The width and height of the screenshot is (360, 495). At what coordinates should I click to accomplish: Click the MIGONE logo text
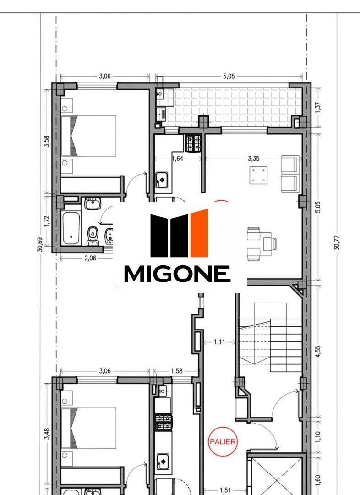pos(177,273)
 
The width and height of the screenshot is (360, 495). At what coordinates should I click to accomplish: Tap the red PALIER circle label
pos(223,441)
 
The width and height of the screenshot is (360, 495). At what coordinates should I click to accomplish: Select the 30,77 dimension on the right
pos(337,243)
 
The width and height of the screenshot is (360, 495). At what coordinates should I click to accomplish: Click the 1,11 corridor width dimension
pos(219,341)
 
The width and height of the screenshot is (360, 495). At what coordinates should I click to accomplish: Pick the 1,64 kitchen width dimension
pos(178,159)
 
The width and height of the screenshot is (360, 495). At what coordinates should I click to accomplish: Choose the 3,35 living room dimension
pos(254,159)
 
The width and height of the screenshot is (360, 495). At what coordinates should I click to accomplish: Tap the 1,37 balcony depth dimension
pos(318,108)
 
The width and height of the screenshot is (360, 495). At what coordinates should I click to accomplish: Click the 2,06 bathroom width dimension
pos(90,258)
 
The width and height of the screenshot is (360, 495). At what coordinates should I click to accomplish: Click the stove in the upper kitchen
pos(193,143)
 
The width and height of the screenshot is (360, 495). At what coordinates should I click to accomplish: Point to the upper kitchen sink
pos(162,180)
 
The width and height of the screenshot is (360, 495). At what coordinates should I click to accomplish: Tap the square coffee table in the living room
pos(258,175)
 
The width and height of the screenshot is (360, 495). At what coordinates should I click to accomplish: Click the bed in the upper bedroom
pos(89,136)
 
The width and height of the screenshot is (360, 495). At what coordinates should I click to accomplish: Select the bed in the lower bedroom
pos(89,428)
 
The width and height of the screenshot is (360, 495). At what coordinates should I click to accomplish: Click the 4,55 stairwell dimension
pos(318,352)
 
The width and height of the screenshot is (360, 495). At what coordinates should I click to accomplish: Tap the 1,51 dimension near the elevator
pos(225,490)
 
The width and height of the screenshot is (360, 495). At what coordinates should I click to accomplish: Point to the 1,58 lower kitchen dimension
pos(177,371)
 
